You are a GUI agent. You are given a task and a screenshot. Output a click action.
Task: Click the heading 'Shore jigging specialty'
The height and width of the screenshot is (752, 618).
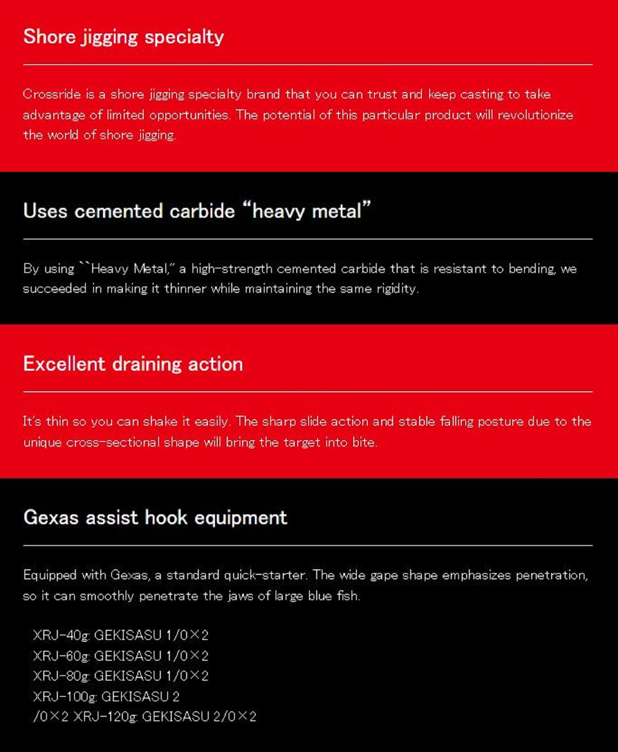tap(123, 37)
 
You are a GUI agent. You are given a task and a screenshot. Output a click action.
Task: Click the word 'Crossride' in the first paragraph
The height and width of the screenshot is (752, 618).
tap(51, 94)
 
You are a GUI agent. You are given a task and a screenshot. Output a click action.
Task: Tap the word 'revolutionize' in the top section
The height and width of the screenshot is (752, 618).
tap(535, 115)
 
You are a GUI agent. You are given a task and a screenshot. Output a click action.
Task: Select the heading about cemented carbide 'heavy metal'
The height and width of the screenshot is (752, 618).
tap(197, 211)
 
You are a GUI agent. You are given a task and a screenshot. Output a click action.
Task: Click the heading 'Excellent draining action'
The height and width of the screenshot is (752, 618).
tap(133, 364)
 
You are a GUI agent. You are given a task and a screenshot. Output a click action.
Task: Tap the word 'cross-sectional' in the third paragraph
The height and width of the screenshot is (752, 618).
tap(113, 442)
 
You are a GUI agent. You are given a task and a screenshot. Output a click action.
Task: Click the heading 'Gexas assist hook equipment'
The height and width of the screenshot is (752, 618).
tap(155, 517)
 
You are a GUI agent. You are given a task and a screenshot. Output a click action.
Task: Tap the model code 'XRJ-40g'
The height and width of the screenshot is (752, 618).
tap(61, 635)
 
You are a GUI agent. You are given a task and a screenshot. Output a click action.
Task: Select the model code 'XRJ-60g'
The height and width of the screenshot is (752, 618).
tap(61, 656)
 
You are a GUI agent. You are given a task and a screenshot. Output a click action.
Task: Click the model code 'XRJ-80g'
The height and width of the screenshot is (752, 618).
tap(61, 676)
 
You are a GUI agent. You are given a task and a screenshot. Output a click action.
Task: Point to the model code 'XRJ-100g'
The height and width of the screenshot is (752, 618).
tap(65, 696)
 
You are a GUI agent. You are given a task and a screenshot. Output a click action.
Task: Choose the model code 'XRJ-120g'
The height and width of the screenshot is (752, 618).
tap(105, 717)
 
